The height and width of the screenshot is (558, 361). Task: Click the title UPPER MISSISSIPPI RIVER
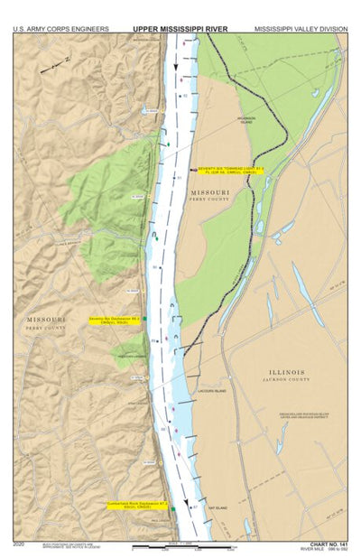(x=180, y=29)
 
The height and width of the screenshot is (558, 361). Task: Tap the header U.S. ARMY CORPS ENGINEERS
(x=61, y=29)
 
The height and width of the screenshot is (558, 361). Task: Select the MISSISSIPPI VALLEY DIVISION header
(x=301, y=29)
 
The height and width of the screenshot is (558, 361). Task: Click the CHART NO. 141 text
(x=328, y=544)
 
